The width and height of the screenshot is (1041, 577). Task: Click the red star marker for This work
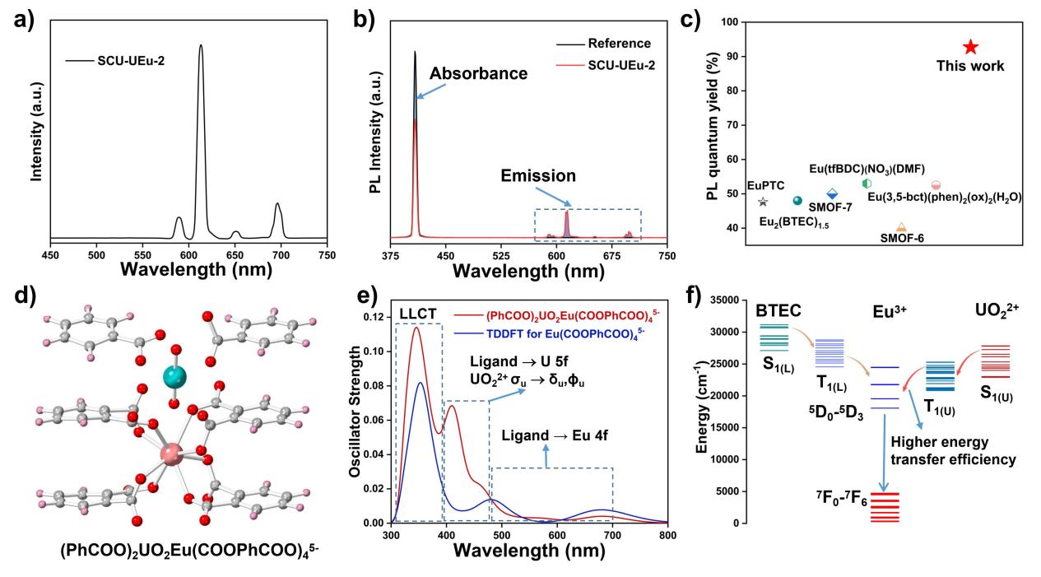click(x=970, y=48)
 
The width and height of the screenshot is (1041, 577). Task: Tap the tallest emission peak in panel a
click(x=201, y=47)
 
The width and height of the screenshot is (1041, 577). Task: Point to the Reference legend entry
click(x=618, y=44)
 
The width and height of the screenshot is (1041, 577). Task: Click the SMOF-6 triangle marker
click(x=901, y=226)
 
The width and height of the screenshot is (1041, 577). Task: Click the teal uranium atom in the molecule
click(x=174, y=376)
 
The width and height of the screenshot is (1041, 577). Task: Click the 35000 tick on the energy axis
click(x=724, y=300)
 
